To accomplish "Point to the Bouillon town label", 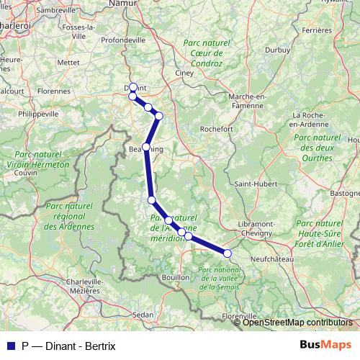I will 176,276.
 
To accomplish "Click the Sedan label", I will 144,315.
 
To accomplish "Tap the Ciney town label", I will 187,73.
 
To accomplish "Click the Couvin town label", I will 25,173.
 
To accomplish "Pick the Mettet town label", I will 68,63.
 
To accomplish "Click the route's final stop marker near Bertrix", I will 228,253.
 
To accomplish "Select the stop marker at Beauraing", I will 146,147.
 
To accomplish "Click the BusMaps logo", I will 324,345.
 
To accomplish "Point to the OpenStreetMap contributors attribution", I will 297,322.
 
